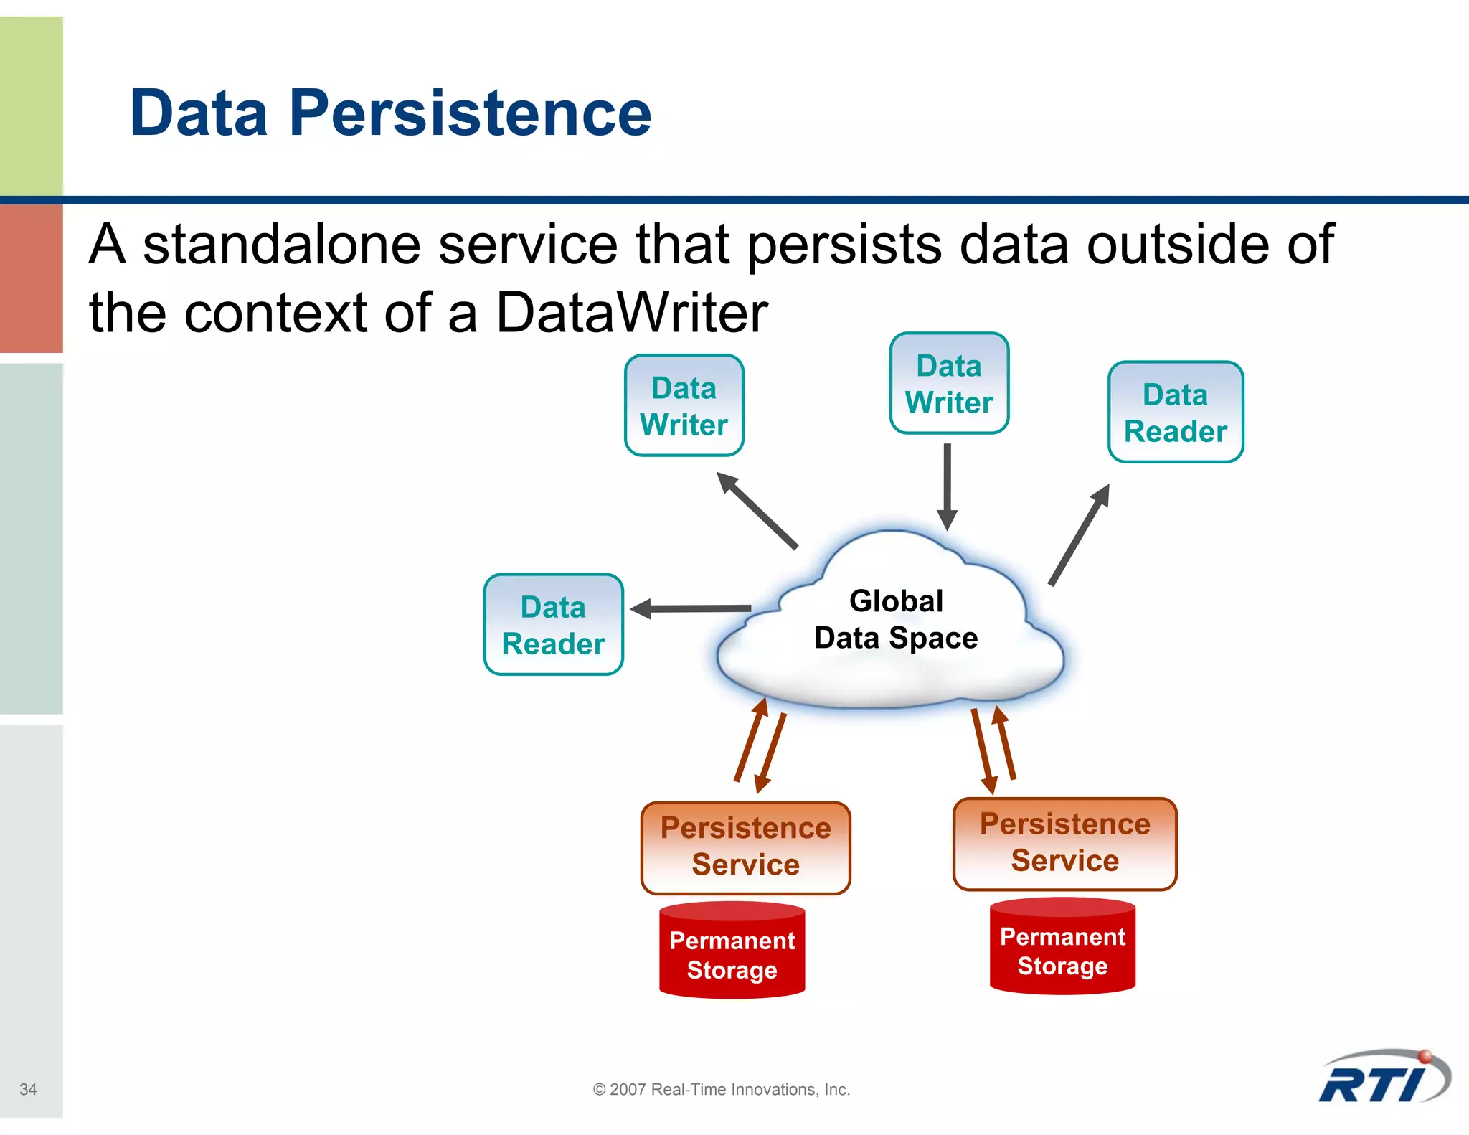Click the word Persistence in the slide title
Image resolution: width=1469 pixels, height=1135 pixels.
pos(471,113)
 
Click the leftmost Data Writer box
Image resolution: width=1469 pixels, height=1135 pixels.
pos(684,406)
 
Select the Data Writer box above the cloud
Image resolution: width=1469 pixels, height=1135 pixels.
pos(948,384)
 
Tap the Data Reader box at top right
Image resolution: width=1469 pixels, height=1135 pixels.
pos(1175,413)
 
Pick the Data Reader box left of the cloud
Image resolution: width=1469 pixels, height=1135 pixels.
pos(553,625)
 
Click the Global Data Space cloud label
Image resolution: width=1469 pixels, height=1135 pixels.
pos(895,619)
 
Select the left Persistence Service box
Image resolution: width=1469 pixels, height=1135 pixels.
pos(745,847)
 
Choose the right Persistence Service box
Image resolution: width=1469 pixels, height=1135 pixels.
pos(1064,843)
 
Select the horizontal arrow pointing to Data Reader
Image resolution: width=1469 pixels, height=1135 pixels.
pos(692,608)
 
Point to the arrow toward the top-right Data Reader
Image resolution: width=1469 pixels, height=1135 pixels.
pos(1079,535)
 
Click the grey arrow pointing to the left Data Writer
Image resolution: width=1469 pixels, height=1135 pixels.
pos(757,510)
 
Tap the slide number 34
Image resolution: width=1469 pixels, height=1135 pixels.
pos(28,1089)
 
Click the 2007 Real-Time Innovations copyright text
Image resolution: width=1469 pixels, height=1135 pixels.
pos(721,1089)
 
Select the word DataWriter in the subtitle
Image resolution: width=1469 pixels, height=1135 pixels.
pos(631,313)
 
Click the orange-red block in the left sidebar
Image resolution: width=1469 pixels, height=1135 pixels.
pos(32,278)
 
